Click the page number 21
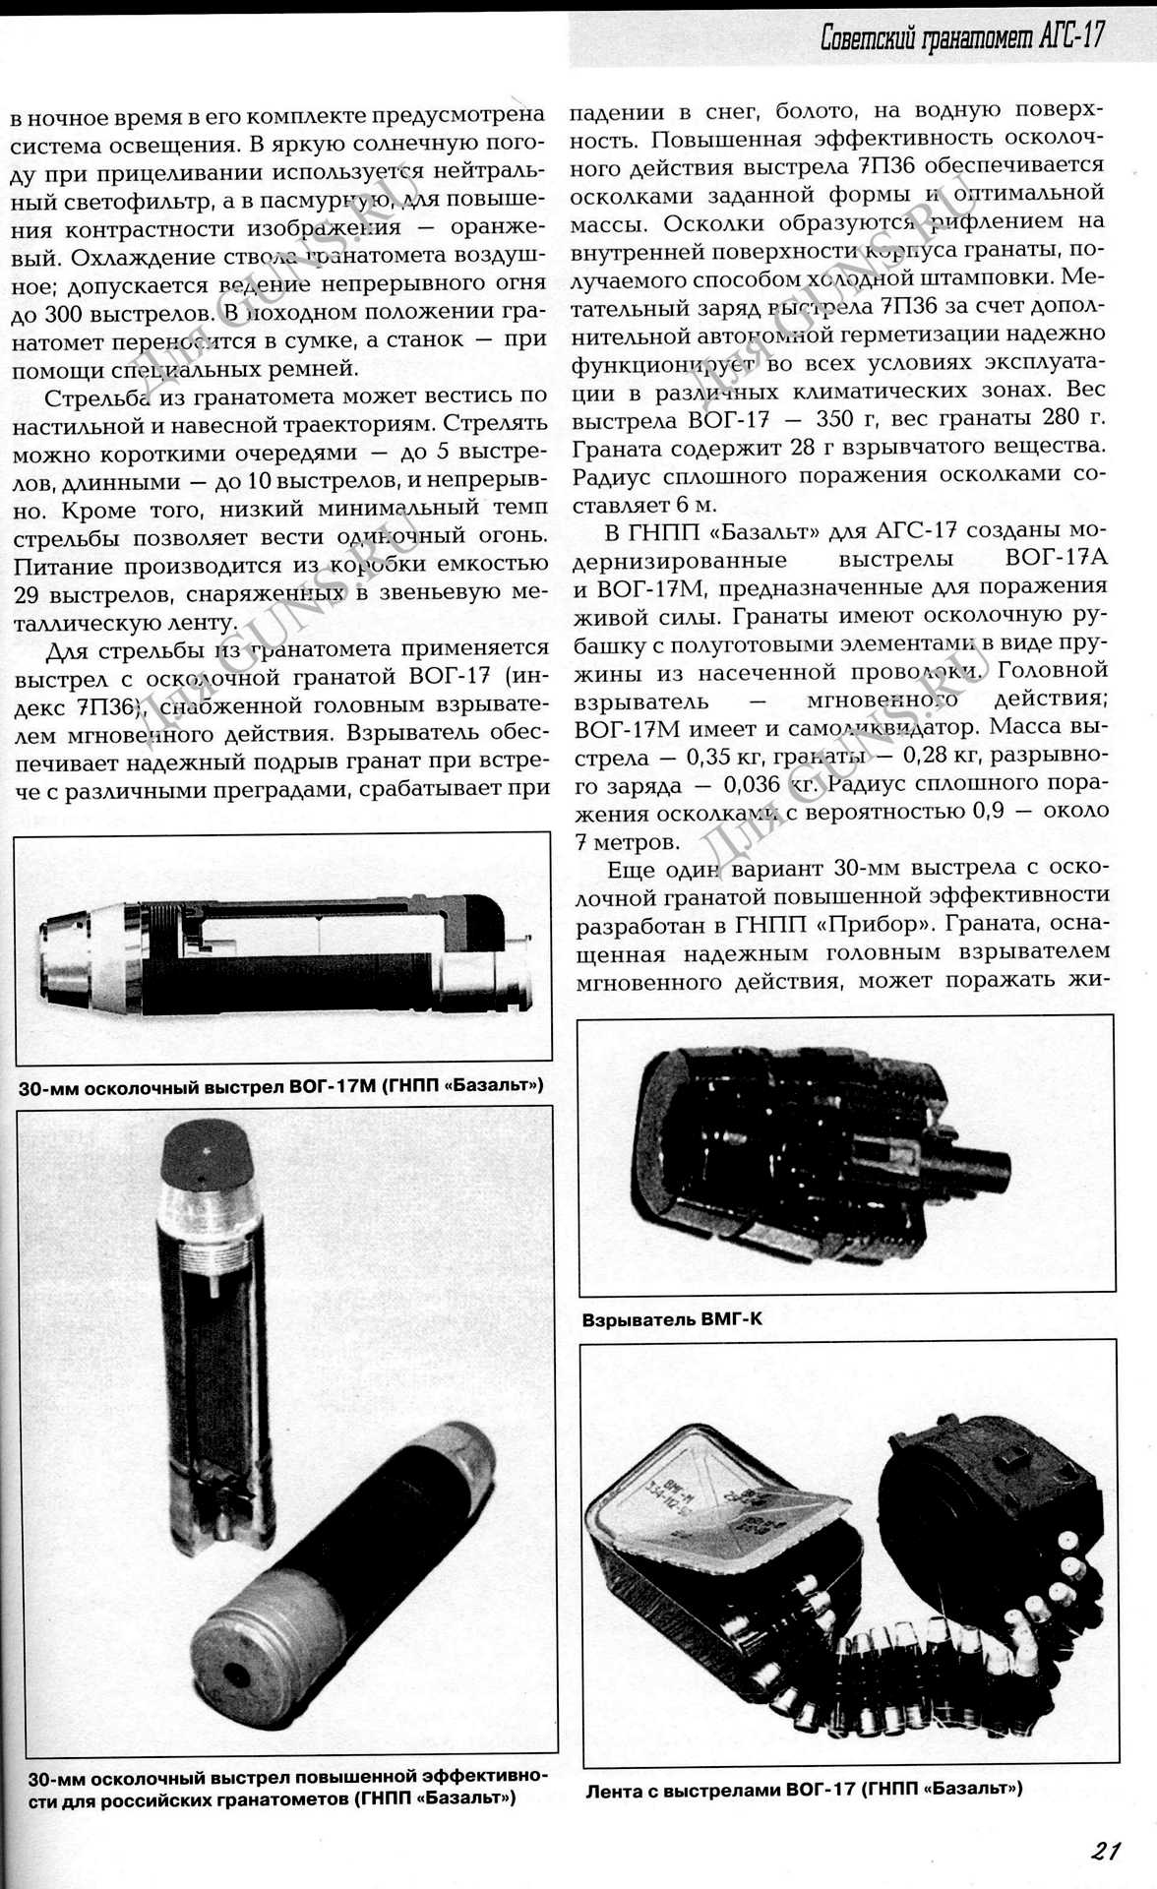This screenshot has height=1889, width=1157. click(x=1106, y=1850)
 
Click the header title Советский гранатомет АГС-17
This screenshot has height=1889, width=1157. click(x=962, y=37)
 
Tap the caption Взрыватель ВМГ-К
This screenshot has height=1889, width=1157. click(x=672, y=1318)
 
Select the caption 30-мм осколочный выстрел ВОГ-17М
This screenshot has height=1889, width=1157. click(x=280, y=1087)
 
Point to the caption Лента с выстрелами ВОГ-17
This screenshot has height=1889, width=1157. click(x=804, y=1789)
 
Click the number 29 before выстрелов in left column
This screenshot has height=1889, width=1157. click(x=30, y=595)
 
